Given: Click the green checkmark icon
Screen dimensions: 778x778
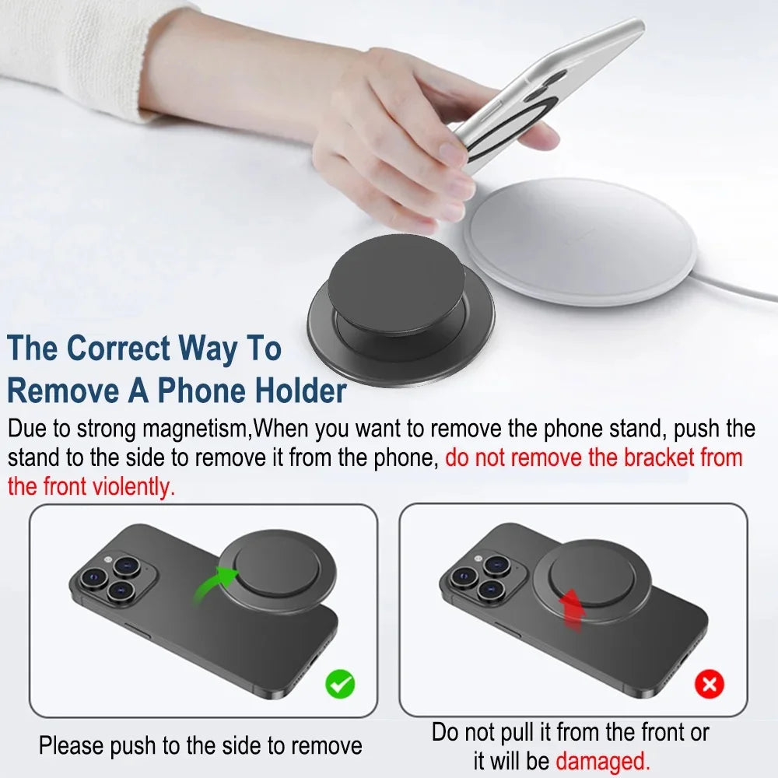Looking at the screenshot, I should coord(340,684).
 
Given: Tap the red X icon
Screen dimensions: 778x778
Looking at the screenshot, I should coord(709,684).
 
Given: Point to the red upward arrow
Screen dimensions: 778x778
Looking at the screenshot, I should coord(573,610).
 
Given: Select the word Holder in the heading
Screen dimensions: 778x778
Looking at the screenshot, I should coord(293,390).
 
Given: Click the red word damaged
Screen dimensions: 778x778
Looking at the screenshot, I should coord(602,759).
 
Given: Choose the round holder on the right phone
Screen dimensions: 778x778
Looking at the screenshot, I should coord(591,579).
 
